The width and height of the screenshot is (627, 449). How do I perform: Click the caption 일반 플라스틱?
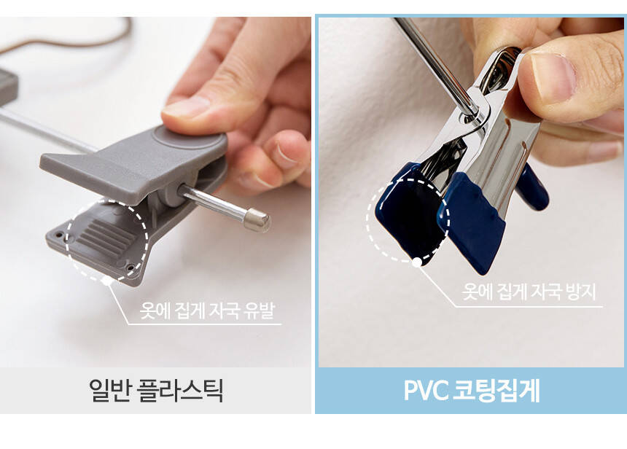click(x=155, y=391)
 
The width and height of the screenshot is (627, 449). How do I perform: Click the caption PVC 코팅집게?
click(x=471, y=390)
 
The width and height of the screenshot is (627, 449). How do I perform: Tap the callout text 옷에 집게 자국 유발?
click(x=207, y=311)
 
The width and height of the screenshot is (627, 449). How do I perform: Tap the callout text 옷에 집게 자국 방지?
click(x=529, y=292)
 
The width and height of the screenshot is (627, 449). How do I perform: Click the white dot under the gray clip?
click(x=106, y=281)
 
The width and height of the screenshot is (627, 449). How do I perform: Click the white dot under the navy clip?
click(x=417, y=262)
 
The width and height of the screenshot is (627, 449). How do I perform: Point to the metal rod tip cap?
click(x=257, y=220)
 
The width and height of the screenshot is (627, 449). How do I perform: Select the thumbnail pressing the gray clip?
click(x=187, y=106)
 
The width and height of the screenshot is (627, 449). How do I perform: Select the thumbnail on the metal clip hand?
click(x=553, y=76)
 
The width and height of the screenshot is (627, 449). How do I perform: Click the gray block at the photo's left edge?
click(x=8, y=87)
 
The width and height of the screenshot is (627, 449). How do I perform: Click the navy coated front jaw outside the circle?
click(x=474, y=222)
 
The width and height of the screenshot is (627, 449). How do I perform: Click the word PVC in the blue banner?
click(x=426, y=390)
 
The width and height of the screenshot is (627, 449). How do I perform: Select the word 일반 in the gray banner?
click(x=109, y=391)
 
